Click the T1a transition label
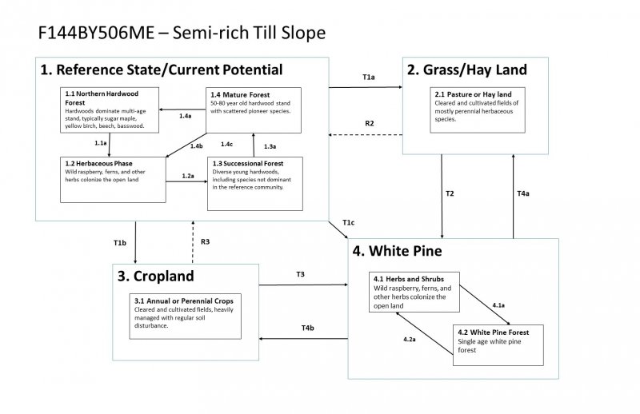368,78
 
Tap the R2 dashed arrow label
370,123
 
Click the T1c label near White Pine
348,221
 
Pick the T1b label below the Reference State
120,241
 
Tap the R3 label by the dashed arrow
206,241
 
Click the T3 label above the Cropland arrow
301,274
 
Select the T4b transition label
307,328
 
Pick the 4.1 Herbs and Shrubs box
414,292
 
